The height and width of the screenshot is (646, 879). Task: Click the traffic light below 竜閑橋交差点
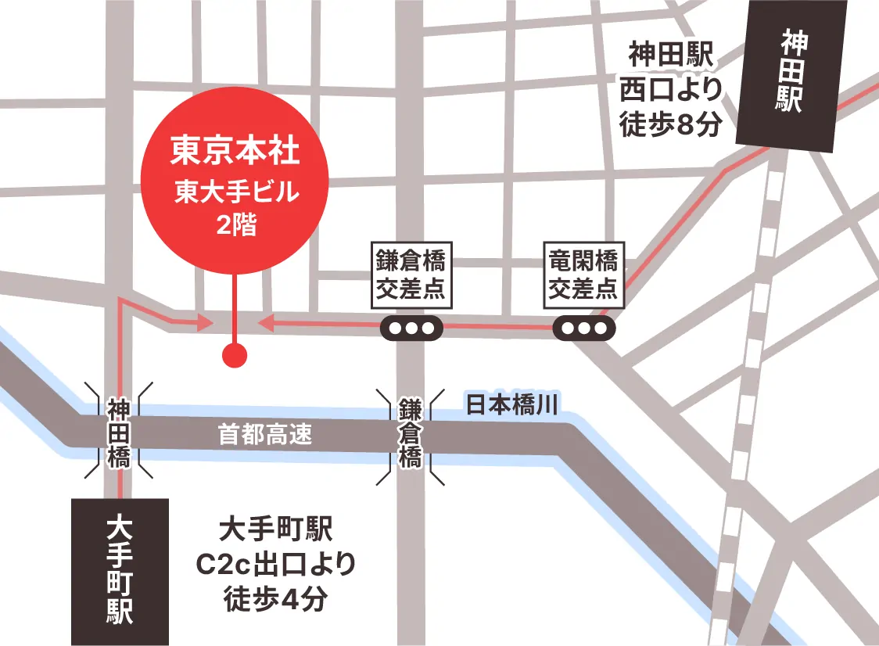[x=583, y=328]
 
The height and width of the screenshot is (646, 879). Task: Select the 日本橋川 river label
[x=511, y=404]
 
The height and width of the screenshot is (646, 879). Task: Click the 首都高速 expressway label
[x=264, y=435]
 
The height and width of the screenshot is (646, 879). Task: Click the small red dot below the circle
[x=235, y=356]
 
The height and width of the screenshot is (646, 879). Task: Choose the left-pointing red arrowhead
[x=265, y=321]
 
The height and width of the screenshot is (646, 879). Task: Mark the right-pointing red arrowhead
[x=205, y=321]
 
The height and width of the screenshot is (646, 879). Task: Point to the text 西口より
[x=670, y=91]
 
